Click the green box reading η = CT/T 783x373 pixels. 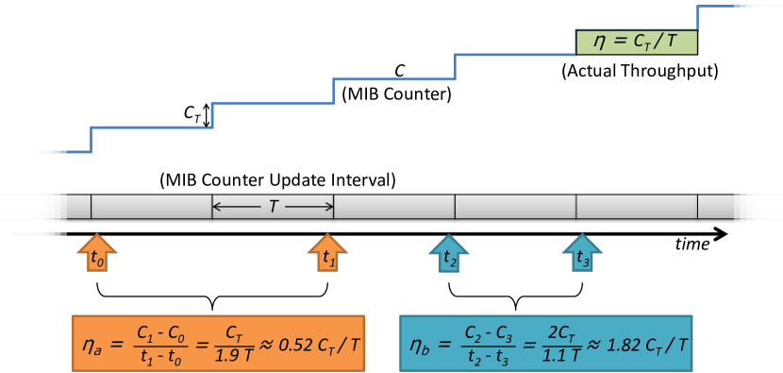pos(636,42)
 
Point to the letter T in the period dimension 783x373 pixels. pos(273,205)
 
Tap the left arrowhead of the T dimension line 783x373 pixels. pos(217,205)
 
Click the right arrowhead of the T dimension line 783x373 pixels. pos(329,205)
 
